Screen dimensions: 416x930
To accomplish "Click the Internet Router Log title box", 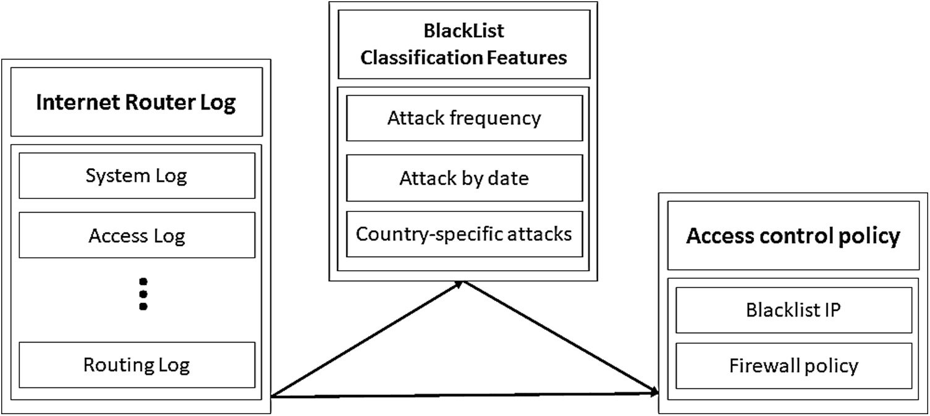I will tap(137, 102).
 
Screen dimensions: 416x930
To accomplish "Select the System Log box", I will tap(137, 176).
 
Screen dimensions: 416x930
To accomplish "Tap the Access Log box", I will tap(137, 236).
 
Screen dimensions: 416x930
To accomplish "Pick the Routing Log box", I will tap(137, 365).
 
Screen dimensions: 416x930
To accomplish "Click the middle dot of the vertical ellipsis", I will tap(143, 294).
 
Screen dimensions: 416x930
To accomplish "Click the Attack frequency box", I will tap(464, 118).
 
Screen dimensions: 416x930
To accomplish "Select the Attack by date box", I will tap(464, 178).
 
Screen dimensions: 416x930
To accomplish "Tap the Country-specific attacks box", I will tap(464, 234).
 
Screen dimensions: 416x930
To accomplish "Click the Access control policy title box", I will tap(793, 236).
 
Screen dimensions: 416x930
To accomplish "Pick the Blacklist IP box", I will tap(793, 310).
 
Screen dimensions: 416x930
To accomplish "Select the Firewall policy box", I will tap(793, 365).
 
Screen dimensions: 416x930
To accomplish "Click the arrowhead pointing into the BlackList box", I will tap(459, 283).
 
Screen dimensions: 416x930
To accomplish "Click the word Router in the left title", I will tap(164, 103).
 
